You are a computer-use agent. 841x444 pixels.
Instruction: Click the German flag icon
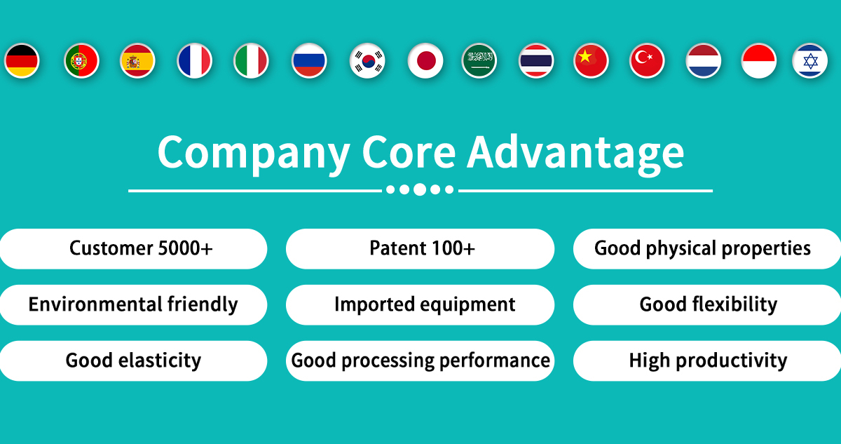(x=22, y=61)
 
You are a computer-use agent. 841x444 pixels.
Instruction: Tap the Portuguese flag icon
(x=81, y=61)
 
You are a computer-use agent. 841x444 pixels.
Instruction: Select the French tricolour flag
(x=195, y=61)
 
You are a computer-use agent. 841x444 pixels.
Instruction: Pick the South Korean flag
(x=367, y=61)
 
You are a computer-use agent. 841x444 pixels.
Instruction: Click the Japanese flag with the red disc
(x=425, y=61)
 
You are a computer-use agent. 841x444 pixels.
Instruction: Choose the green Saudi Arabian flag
(x=479, y=61)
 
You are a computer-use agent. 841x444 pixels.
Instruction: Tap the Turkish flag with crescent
(x=647, y=61)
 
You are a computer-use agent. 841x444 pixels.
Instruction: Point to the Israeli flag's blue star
(x=811, y=61)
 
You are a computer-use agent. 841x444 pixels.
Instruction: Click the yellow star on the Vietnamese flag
(x=585, y=57)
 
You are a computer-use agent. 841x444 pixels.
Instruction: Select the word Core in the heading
(x=409, y=152)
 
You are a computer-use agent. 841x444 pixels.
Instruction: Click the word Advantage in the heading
(x=575, y=155)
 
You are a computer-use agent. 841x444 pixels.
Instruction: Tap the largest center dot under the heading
(x=420, y=189)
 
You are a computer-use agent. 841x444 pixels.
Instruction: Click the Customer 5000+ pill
(x=133, y=249)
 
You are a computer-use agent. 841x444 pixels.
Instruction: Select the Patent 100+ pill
(x=420, y=249)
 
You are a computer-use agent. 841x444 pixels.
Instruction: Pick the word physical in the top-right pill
(x=681, y=249)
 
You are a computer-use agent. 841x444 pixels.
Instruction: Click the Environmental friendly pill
(x=133, y=304)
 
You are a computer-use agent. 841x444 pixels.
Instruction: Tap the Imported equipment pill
(x=420, y=304)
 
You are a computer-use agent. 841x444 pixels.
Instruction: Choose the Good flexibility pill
(x=707, y=304)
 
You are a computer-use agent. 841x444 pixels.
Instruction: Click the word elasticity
(x=160, y=361)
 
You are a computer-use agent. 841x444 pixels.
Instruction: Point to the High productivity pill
(x=707, y=361)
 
